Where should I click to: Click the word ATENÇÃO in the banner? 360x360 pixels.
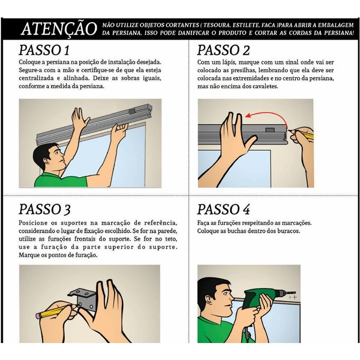click(x=59, y=29)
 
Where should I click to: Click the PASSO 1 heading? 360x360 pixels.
click(x=44, y=50)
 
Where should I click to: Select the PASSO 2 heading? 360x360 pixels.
click(x=223, y=50)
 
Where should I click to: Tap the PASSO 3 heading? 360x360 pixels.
click(x=45, y=209)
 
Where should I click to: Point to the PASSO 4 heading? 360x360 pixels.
click(x=223, y=209)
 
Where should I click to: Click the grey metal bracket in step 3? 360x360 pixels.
click(x=83, y=299)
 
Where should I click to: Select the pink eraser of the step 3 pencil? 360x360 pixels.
click(x=38, y=316)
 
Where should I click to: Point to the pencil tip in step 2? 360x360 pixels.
click(x=289, y=131)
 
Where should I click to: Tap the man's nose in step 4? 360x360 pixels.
click(x=231, y=298)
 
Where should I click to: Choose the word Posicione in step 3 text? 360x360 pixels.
click(x=33, y=223)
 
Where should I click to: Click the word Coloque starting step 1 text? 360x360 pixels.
click(x=28, y=62)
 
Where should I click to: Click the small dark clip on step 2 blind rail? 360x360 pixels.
click(x=270, y=130)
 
